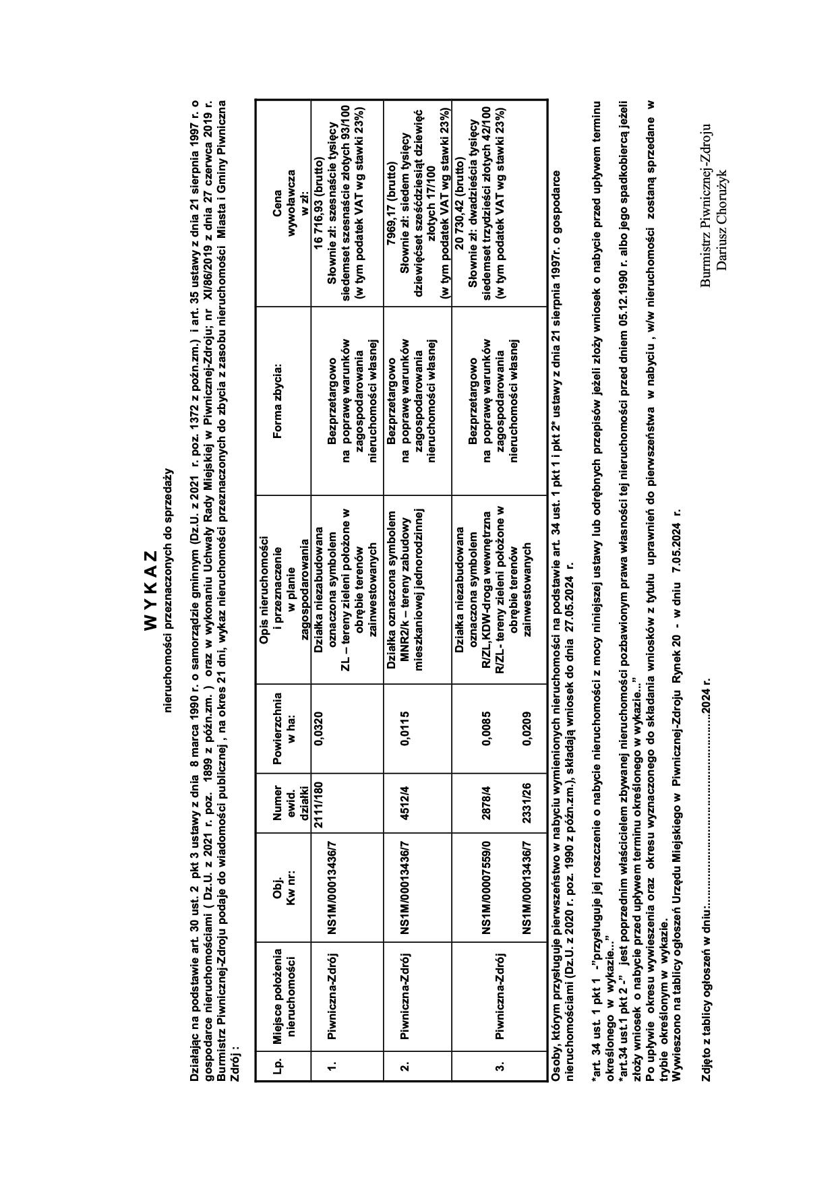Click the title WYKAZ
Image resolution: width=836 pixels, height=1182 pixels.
pos(150,591)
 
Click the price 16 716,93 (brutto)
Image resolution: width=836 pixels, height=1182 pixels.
pos(318,204)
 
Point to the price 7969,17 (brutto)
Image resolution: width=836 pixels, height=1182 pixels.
pos(391,204)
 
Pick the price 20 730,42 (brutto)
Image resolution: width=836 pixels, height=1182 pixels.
pos(460,204)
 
